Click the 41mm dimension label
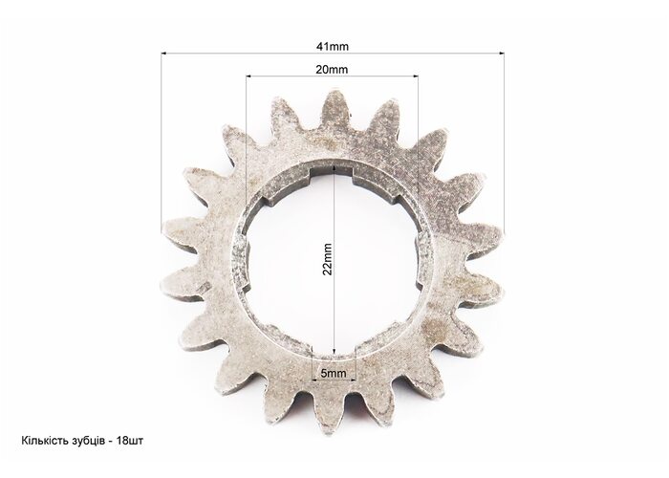pyautogui.click(x=332, y=46)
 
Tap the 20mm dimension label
pyautogui.click(x=332, y=69)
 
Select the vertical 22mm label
pyautogui.click(x=327, y=259)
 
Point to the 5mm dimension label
pyautogui.click(x=334, y=374)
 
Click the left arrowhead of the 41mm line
pyautogui.click(x=163, y=54)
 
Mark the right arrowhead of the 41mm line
pyautogui.click(x=502, y=54)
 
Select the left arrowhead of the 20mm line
pyautogui.click(x=248, y=76)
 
